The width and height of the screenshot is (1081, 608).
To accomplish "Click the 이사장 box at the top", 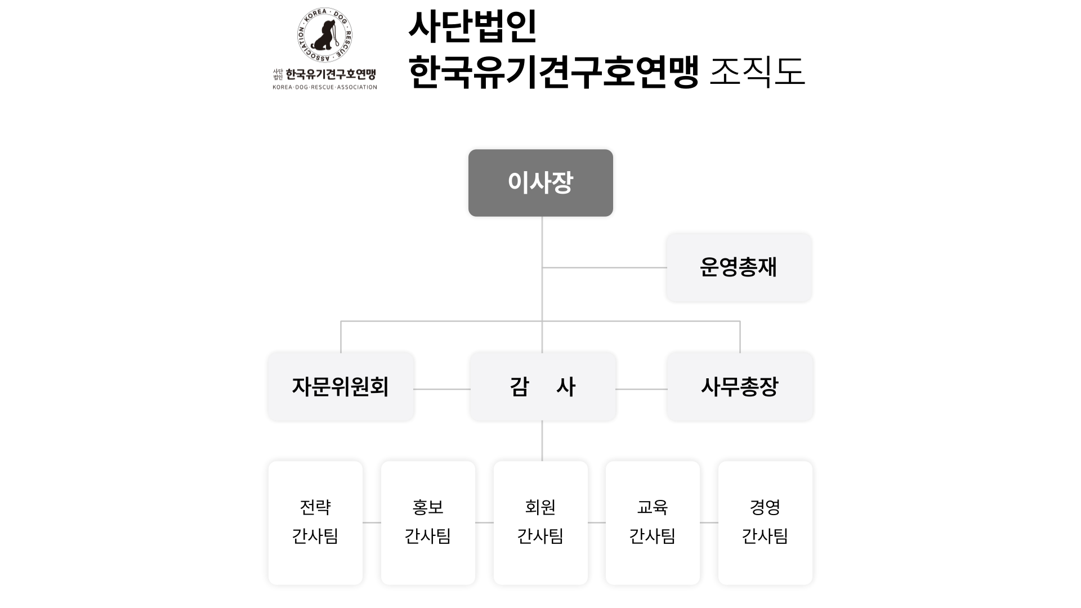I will click(540, 183).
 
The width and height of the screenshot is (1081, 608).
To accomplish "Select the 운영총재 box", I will click(739, 267).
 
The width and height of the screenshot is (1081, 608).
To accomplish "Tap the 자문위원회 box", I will click(340, 387).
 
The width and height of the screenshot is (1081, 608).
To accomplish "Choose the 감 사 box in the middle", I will click(542, 387).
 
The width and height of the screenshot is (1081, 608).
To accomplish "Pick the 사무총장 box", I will click(739, 387).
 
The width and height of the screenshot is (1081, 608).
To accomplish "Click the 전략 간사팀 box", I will click(315, 523).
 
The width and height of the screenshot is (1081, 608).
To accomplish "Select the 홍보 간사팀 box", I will click(428, 523).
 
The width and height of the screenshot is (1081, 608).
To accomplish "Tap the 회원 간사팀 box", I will click(540, 523).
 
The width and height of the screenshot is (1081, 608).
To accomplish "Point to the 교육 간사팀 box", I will click(653, 523).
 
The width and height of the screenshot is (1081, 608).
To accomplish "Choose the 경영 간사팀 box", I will click(765, 523).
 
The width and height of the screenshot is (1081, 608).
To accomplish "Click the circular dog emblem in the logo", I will click(324, 35).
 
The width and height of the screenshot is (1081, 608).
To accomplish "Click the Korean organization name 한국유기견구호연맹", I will click(330, 74).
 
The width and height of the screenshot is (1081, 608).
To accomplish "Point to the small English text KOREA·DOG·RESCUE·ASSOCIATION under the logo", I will click(325, 87).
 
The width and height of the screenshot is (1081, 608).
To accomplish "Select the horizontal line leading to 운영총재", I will click(605, 267).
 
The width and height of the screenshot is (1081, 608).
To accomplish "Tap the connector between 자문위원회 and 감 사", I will click(442, 389).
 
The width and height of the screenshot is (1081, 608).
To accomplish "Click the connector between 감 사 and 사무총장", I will click(641, 389).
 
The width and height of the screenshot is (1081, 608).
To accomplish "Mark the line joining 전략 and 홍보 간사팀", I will click(372, 522).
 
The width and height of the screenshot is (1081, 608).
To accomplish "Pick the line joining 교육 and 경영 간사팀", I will click(709, 522).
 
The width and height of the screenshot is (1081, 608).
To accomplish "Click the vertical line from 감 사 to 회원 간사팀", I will click(542, 441).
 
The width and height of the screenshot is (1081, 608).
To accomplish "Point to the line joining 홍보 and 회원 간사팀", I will click(484, 522).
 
